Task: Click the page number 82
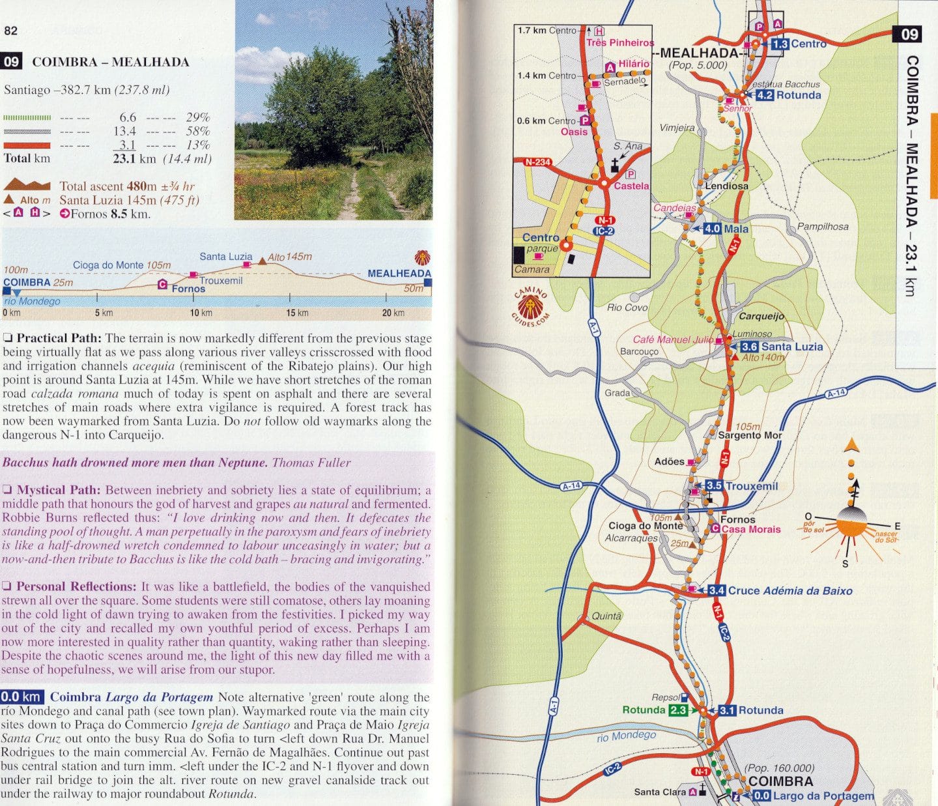11,31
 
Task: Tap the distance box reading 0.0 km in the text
21,697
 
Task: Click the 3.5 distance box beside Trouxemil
715,485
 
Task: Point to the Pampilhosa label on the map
823,227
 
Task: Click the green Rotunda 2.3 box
677,710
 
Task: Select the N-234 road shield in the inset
538,162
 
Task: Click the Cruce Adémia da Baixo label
789,590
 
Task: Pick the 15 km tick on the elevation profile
297,313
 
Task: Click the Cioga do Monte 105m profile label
122,265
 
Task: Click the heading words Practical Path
59,338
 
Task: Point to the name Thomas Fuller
311,463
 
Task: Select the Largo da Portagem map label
823,796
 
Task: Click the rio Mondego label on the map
626,736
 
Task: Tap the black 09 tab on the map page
909,34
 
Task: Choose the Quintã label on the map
606,616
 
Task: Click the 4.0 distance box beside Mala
713,229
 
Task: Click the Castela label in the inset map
631,186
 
